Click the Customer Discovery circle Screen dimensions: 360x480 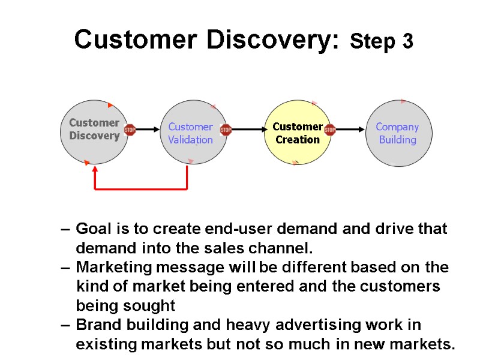pos(94,133)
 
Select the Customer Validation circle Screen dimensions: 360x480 pos(190,133)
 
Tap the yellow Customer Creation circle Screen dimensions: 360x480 pos(298,133)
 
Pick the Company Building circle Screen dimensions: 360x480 pos(398,133)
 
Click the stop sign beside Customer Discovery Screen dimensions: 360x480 pos(130,129)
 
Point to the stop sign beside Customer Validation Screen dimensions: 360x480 pos(226,129)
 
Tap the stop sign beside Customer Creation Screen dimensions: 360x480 pos(329,129)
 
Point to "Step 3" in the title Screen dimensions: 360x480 pos(382,42)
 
